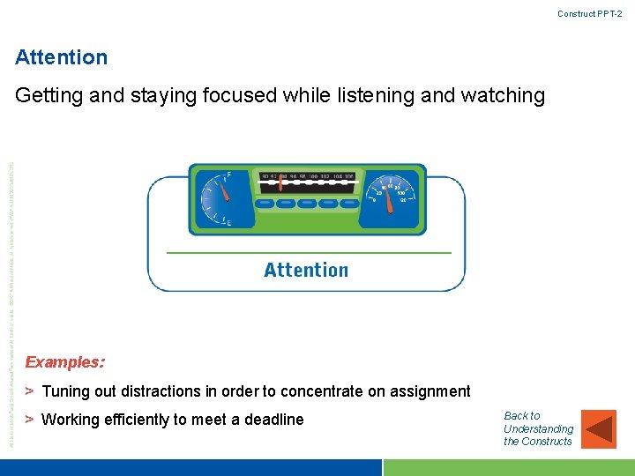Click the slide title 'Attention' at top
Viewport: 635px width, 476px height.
click(62, 58)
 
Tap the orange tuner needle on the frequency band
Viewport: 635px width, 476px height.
click(281, 183)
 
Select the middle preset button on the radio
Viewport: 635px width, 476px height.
click(307, 204)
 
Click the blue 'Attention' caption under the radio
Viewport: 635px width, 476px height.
click(306, 270)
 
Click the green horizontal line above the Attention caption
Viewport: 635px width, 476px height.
click(309, 253)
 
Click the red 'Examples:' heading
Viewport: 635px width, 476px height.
click(65, 362)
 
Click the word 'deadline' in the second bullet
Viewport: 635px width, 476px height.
click(273, 420)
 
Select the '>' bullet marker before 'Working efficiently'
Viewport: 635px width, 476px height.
click(29, 420)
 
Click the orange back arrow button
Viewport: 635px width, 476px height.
click(600, 428)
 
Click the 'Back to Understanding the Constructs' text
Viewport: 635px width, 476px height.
click(537, 428)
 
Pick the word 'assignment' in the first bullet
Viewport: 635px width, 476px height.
click(430, 391)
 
